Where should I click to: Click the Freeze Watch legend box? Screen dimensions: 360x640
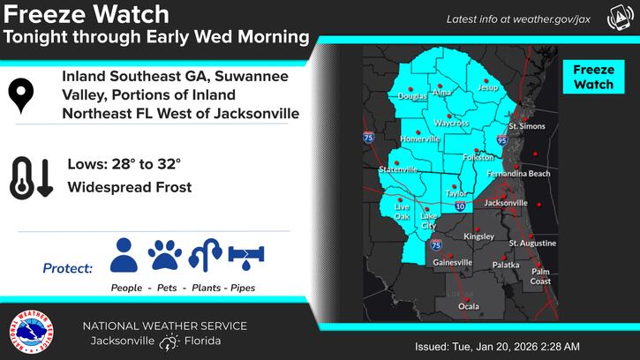[x=594, y=77]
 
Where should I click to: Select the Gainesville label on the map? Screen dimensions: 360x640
[x=452, y=262]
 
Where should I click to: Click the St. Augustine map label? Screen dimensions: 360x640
[x=532, y=243]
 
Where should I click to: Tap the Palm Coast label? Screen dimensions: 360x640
[x=541, y=276]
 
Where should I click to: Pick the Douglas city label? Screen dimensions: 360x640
[x=412, y=96]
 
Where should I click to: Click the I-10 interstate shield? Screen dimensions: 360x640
[x=460, y=206]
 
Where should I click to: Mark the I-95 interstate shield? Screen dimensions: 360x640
[x=501, y=139]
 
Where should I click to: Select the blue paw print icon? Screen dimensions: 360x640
[x=165, y=256]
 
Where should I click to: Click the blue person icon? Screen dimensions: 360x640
[x=124, y=255]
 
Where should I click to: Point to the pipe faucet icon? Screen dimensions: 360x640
[x=246, y=256]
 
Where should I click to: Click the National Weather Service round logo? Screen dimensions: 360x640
[x=29, y=334]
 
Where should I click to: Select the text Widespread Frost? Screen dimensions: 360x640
[x=130, y=187]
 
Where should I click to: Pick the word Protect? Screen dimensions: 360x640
[x=67, y=268]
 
